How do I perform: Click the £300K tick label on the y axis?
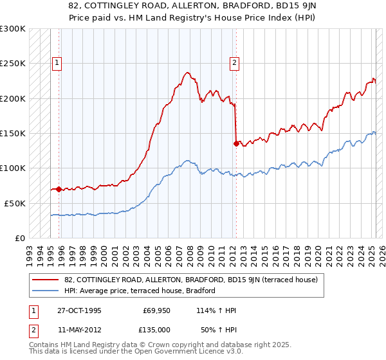[x=13, y=30]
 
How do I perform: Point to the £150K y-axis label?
[x=13, y=134]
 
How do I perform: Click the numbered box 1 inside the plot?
[x=58, y=63]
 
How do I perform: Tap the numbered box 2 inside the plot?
[x=234, y=63]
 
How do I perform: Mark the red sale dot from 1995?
[x=59, y=189]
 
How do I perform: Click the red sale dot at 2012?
[x=236, y=144]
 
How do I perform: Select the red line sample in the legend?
[x=46, y=280]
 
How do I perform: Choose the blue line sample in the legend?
[x=46, y=291]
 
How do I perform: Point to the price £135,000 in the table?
[x=157, y=328]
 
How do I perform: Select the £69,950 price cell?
[x=157, y=310]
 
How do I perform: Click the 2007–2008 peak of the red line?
[x=187, y=73]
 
